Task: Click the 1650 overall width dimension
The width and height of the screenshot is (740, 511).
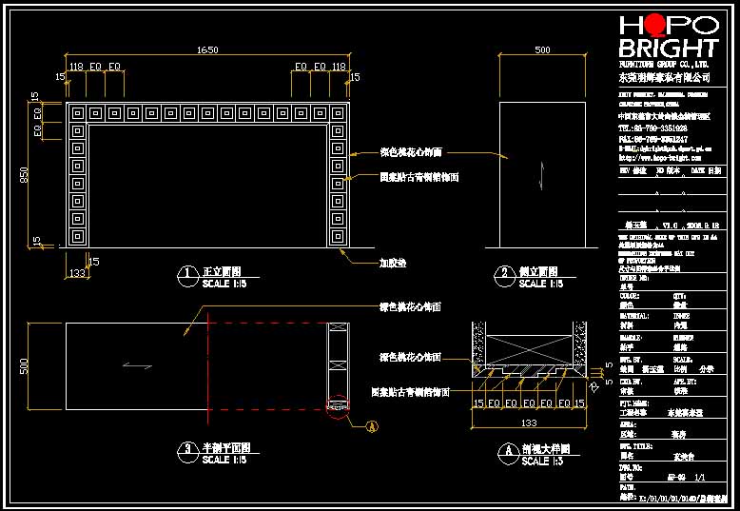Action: [207, 49]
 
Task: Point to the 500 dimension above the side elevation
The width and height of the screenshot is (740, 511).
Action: [542, 49]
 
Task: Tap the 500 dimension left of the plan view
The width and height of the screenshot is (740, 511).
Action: [26, 365]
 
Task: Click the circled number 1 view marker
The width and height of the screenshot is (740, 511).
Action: [187, 274]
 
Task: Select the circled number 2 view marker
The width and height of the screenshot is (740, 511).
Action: [504, 274]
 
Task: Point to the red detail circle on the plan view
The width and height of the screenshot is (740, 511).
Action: [335, 406]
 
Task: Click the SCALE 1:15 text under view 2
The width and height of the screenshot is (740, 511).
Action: [541, 284]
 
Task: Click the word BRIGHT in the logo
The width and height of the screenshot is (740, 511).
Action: [668, 48]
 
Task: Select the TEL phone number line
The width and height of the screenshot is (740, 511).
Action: [652, 127]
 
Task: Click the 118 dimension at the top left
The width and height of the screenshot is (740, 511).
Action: [76, 67]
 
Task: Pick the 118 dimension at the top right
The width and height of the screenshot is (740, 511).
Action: [339, 67]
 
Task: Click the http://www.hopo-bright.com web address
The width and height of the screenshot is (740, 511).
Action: [656, 158]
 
